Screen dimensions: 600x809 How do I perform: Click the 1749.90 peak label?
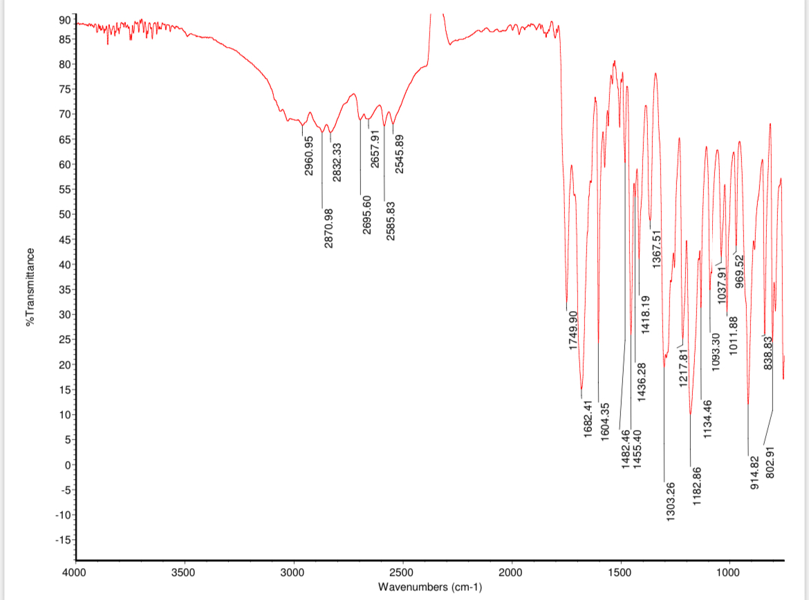[573, 330]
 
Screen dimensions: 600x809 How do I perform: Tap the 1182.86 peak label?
[697, 487]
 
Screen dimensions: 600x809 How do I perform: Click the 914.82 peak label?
[755, 472]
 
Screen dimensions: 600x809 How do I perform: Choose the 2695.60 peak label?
[367, 215]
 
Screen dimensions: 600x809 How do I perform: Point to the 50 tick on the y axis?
[64, 214]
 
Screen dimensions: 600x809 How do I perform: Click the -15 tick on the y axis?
[62, 540]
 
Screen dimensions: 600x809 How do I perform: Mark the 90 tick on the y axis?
[64, 20]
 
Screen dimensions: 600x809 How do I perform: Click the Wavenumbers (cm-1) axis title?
[430, 588]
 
